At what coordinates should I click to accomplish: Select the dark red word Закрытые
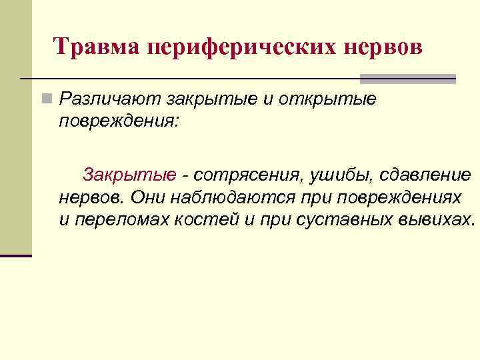point(130,175)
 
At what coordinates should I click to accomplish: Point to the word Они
point(147,198)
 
